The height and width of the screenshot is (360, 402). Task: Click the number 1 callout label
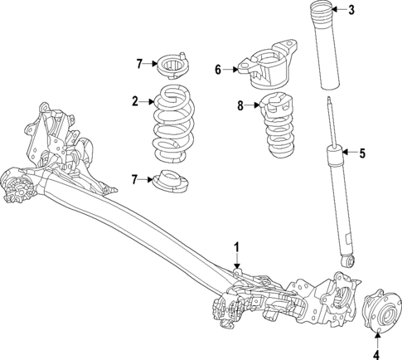coord(236,246)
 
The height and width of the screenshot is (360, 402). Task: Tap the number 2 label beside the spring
coord(134,102)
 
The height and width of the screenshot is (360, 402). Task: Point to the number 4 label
coord(375,354)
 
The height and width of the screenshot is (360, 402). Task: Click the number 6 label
coord(218,70)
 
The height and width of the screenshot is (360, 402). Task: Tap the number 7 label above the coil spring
coord(140,62)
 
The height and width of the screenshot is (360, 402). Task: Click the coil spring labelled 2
coord(175,124)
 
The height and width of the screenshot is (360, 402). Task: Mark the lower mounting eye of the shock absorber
coord(349,260)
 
